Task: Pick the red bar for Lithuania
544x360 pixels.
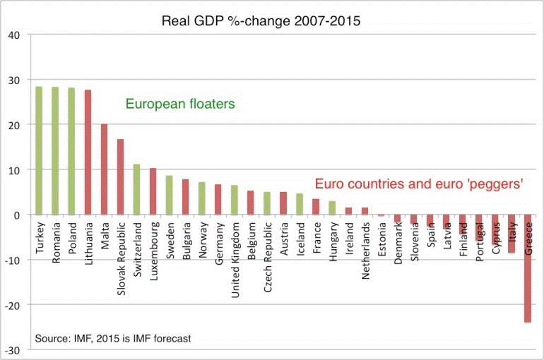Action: point(88,152)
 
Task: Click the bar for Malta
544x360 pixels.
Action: point(105,169)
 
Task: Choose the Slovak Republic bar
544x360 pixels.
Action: point(121,176)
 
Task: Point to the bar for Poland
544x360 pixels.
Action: point(72,151)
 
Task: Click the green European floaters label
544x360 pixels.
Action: point(180,104)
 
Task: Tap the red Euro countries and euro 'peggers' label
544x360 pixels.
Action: point(419,184)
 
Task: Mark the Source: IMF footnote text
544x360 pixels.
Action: point(113,338)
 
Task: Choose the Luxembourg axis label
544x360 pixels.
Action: point(153,248)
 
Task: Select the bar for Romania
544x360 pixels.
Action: point(56,151)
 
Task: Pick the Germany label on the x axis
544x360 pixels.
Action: point(218,244)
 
